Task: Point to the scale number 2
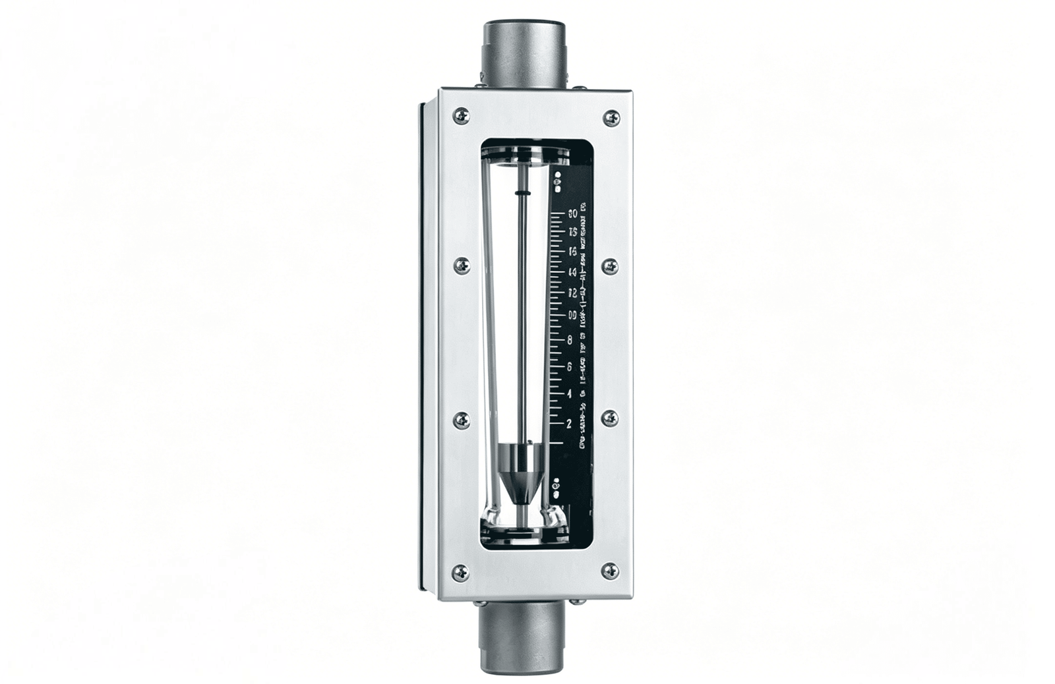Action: click(x=569, y=422)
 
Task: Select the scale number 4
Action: click(x=569, y=394)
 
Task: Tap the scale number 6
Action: click(x=569, y=366)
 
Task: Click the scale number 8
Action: click(x=569, y=340)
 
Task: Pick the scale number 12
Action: click(x=572, y=293)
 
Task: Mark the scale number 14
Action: click(x=572, y=271)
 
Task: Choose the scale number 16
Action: click(x=572, y=251)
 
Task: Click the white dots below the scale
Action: click(x=558, y=486)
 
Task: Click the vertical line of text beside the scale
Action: click(x=584, y=329)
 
